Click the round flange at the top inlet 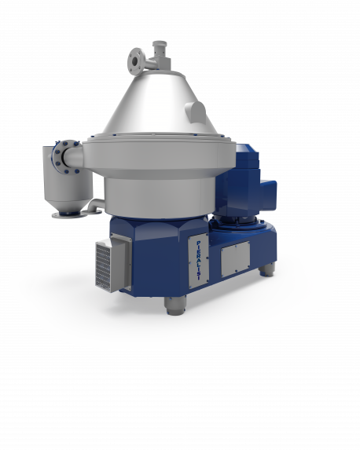[135, 60]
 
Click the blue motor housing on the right [245, 185]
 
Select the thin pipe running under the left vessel [93, 206]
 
